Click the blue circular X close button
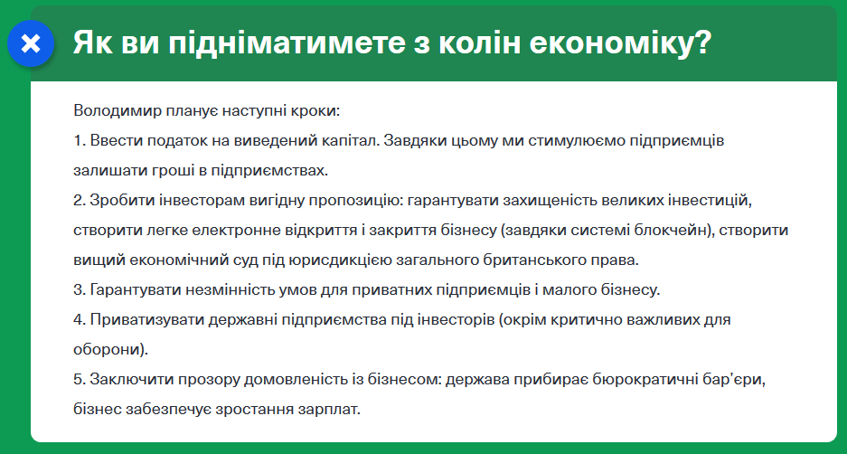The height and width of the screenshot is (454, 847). pos(31,43)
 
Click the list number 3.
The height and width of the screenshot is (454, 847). pos(78,290)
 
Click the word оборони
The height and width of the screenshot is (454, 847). pos(108,349)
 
